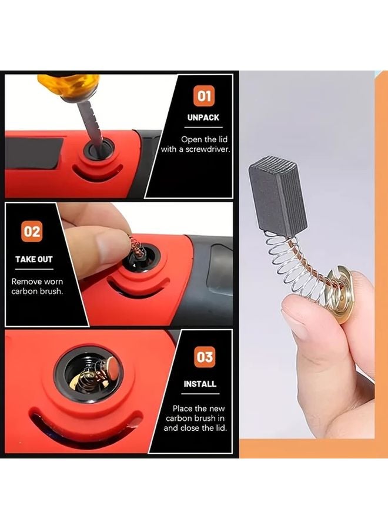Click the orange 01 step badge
pos(205,95)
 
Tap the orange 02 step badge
pos(32,231)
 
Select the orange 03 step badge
pos(205,357)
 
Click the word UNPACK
pos(203,118)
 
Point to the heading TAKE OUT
pos(34,259)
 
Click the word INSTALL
pos(200,384)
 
